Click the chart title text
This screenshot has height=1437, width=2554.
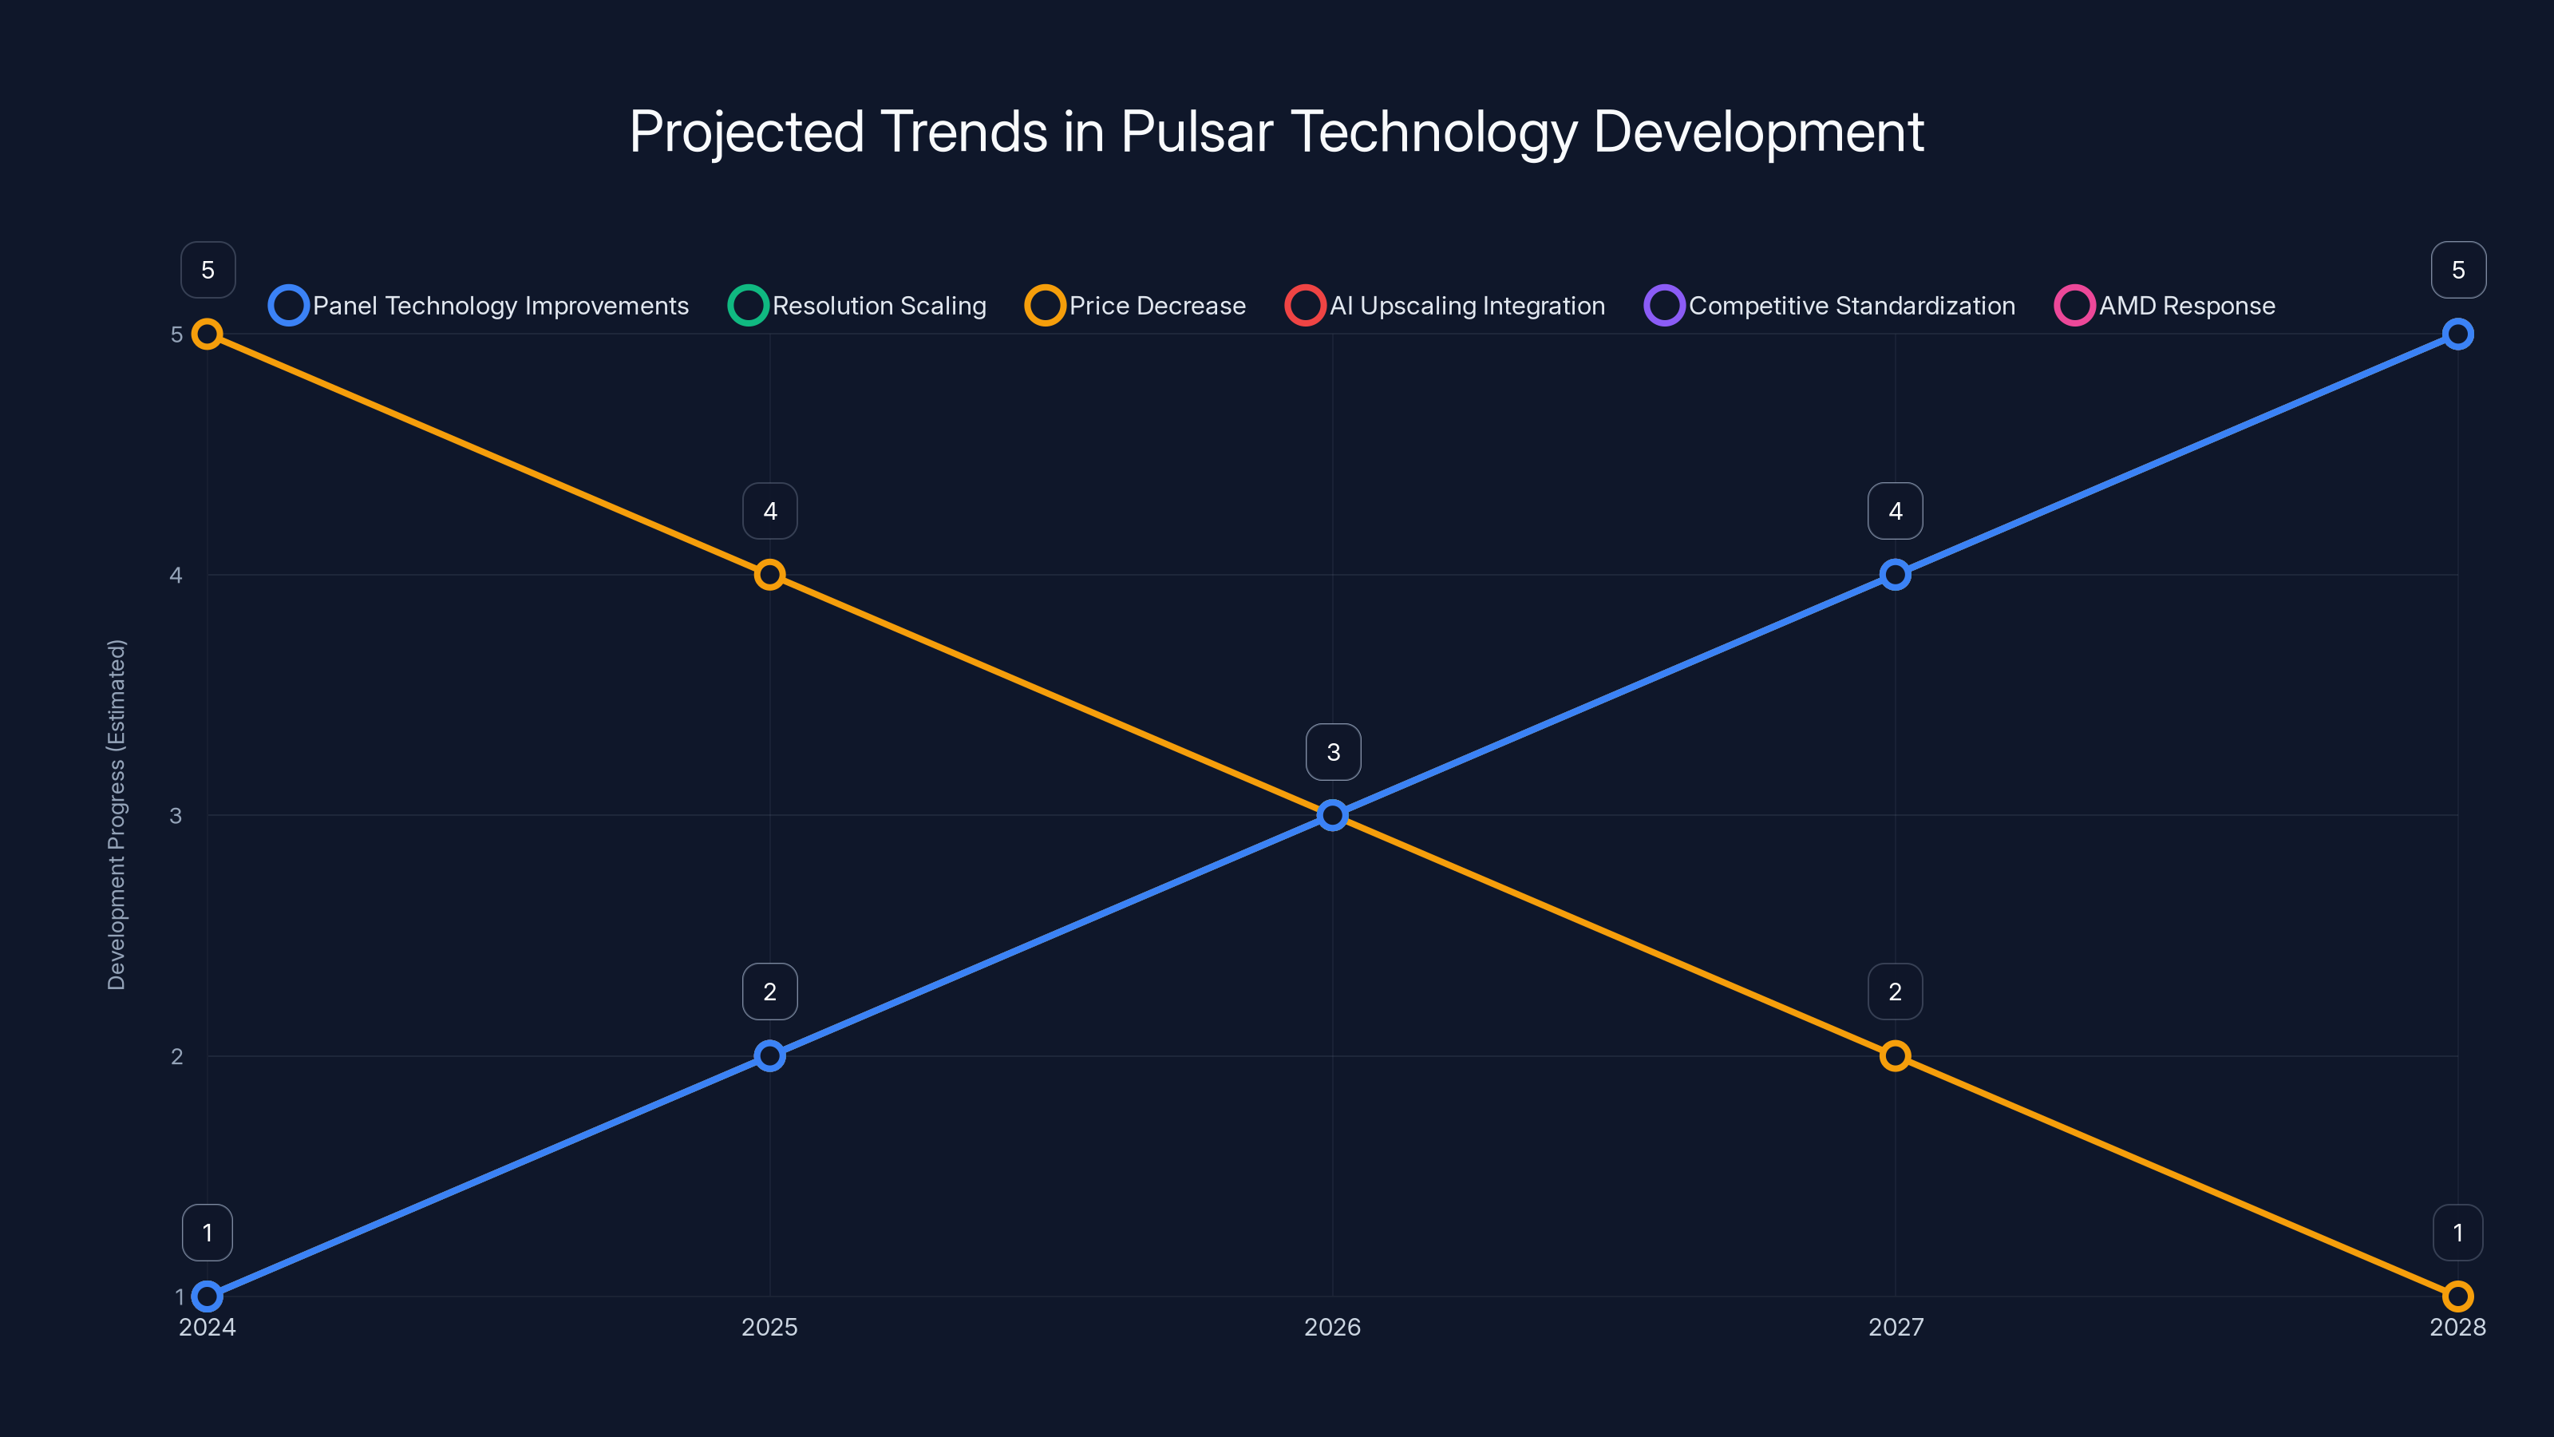[x=1276, y=132]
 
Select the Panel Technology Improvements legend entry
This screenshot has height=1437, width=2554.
[x=479, y=306]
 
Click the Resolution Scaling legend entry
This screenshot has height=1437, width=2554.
[x=858, y=306]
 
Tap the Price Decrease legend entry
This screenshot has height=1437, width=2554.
[x=1137, y=306]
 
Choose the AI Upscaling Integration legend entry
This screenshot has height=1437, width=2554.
[x=1445, y=306]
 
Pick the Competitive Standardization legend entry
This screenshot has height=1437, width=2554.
[x=1830, y=306]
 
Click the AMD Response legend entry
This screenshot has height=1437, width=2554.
[x=2165, y=306]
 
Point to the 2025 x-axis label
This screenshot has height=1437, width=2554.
[x=769, y=1327]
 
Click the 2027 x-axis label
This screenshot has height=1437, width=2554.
[x=1895, y=1327]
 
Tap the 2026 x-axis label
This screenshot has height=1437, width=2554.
[x=1331, y=1327]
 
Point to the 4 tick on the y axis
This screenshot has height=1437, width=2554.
[x=176, y=575]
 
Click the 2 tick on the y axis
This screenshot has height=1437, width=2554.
[x=176, y=1056]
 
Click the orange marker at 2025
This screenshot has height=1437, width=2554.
[x=769, y=575]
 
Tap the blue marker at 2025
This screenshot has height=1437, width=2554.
[x=769, y=1055]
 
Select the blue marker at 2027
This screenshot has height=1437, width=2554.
[x=1895, y=575]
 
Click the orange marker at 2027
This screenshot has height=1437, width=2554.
[x=1895, y=1055]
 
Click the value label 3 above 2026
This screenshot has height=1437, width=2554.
[x=1333, y=752]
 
